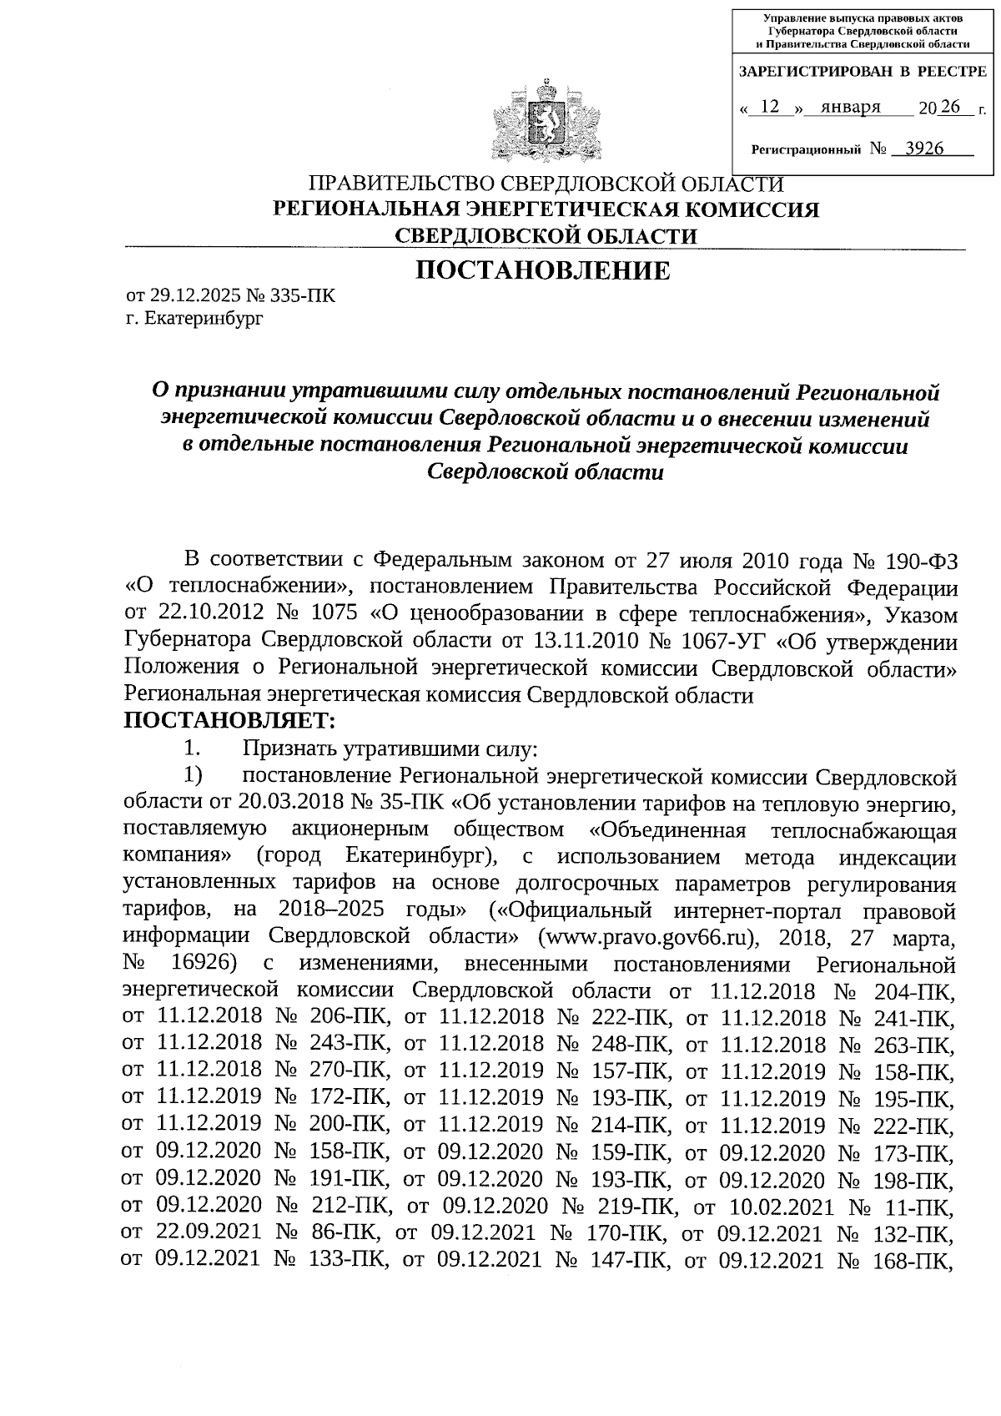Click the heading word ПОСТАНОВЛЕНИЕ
[x=543, y=270]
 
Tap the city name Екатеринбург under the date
[x=203, y=318]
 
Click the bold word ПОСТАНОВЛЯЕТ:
[x=229, y=719]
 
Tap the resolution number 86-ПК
[x=349, y=1232]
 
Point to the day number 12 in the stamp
[x=771, y=107]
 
